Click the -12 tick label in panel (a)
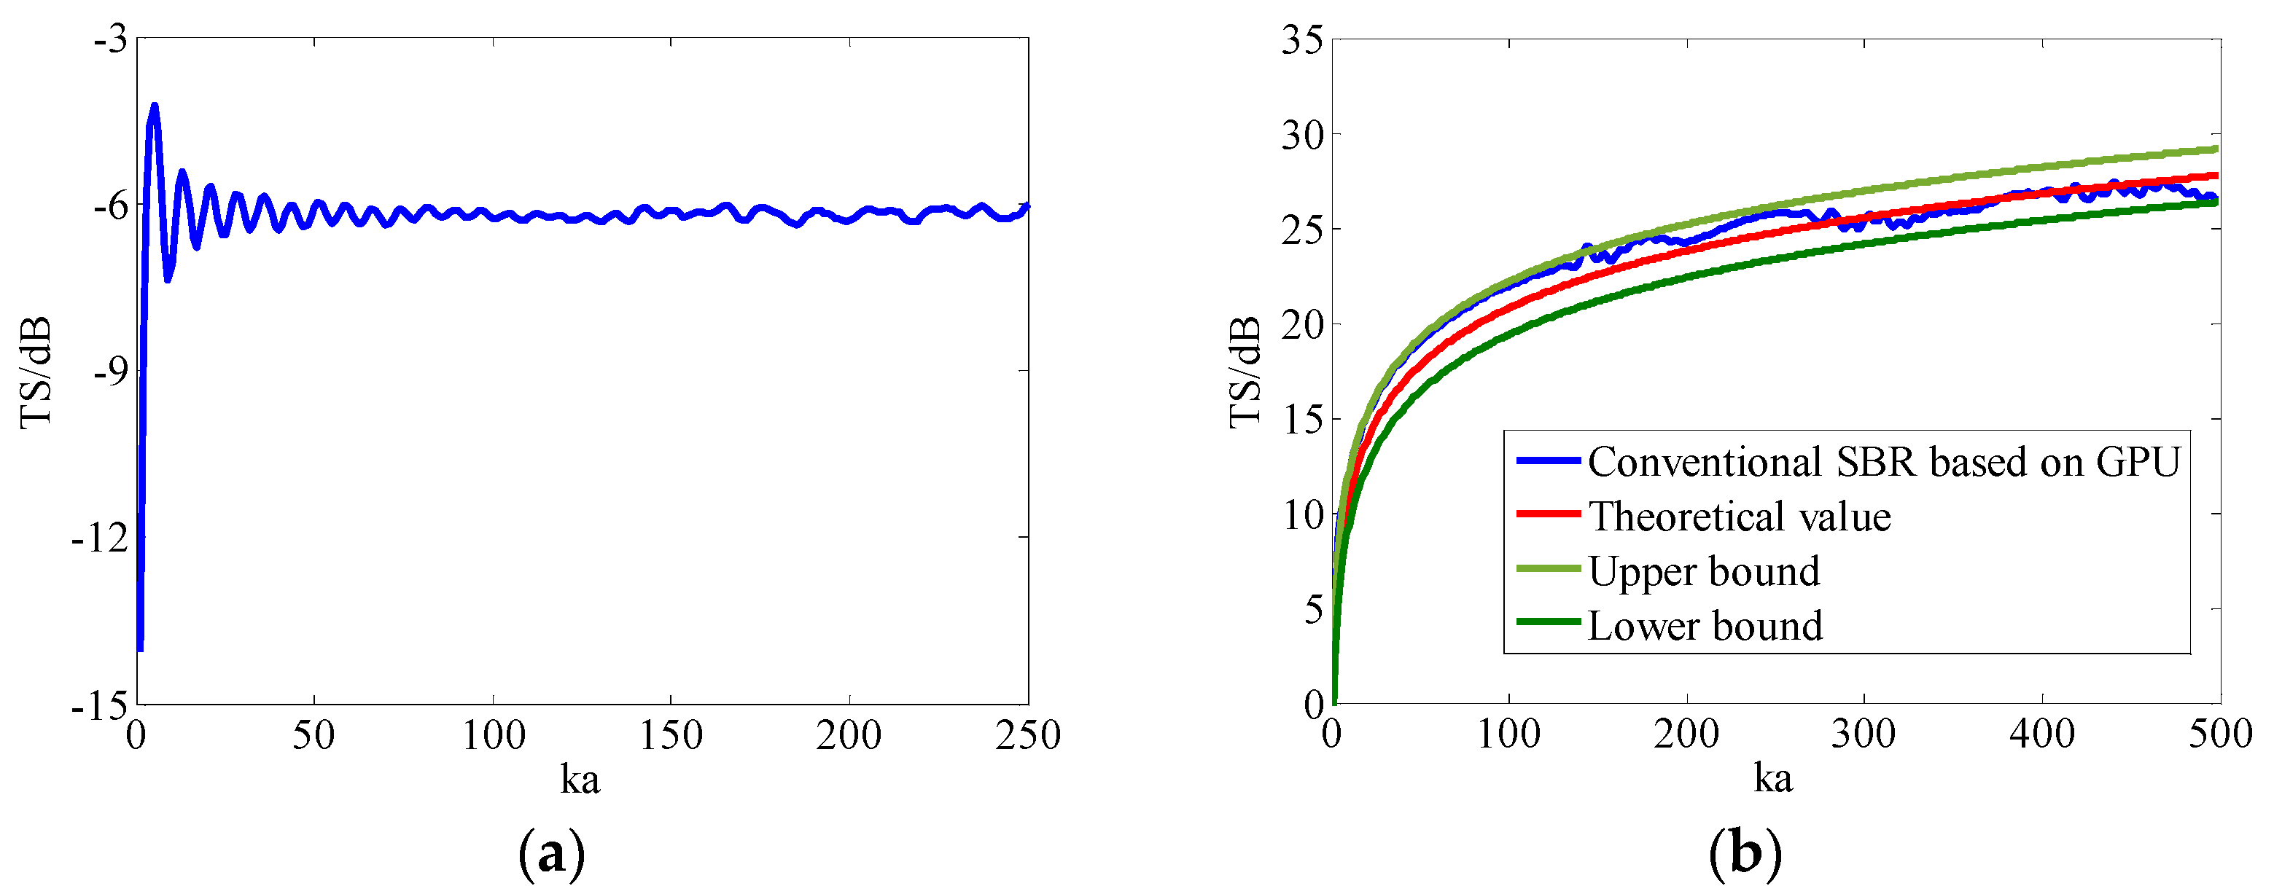tap(100, 538)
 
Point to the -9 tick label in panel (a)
tap(110, 372)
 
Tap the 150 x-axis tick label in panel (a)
tap(670, 735)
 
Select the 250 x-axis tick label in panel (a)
tap(1027, 735)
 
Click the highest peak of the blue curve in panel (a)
tap(155, 106)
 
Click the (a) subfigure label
tap(552, 854)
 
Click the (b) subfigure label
tap(1745, 854)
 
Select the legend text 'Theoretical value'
tap(1739, 517)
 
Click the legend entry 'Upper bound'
tap(1704, 571)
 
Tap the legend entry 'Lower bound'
tap(1705, 626)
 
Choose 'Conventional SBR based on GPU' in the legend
tap(1884, 461)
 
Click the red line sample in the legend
tap(1549, 514)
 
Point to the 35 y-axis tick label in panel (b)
tap(1302, 40)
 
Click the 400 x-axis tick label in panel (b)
tap(2042, 734)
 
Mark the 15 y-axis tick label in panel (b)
tap(1302, 419)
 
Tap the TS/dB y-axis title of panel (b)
tap(1245, 372)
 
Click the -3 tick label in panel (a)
tap(110, 40)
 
